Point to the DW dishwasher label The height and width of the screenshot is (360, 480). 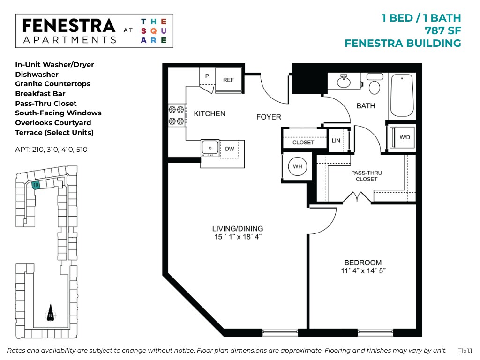(x=229, y=149)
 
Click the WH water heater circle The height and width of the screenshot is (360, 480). (x=297, y=166)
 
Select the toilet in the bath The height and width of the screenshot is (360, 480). (x=375, y=85)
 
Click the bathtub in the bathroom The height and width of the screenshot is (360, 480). (x=402, y=96)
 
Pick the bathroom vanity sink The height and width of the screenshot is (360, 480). (x=344, y=82)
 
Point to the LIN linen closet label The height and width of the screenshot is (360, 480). (x=336, y=141)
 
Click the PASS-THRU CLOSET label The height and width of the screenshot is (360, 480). (x=366, y=176)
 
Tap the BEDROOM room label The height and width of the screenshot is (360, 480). (x=363, y=262)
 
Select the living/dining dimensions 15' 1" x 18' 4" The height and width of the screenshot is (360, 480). (x=237, y=237)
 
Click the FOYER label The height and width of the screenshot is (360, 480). (x=269, y=117)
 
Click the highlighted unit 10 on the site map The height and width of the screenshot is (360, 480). (x=36, y=185)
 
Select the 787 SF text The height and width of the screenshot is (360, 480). (x=442, y=31)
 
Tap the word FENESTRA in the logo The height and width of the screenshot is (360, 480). (x=69, y=26)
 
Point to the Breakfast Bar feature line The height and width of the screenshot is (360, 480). (x=40, y=94)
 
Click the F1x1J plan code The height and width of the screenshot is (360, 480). (x=465, y=351)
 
